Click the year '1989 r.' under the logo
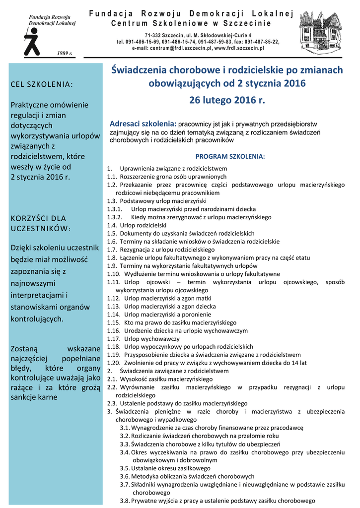pyautogui.click(x=65, y=53)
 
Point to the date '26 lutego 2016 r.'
pyautogui.click(x=227, y=100)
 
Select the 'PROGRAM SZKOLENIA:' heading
pyautogui.click(x=230, y=156)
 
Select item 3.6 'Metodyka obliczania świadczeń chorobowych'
pyautogui.click(x=193, y=476)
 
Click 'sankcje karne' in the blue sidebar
pyautogui.click(x=34, y=397)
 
